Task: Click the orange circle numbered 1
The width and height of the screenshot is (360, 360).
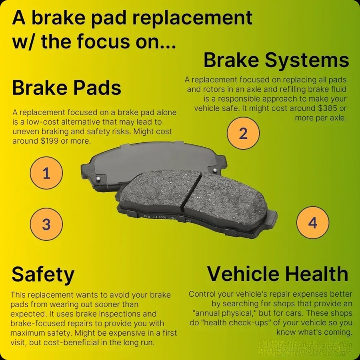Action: (46, 173)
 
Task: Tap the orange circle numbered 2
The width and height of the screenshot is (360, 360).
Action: (243, 133)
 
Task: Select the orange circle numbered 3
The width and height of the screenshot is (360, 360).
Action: (46, 224)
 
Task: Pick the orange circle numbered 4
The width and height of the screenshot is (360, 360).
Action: (313, 222)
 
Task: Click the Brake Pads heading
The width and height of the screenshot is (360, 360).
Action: (66, 88)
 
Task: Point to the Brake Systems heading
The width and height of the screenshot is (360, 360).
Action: (276, 60)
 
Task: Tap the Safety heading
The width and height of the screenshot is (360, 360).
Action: (43, 274)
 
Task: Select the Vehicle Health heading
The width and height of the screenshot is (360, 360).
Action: (277, 274)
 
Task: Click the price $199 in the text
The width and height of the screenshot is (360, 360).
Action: (48, 141)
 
